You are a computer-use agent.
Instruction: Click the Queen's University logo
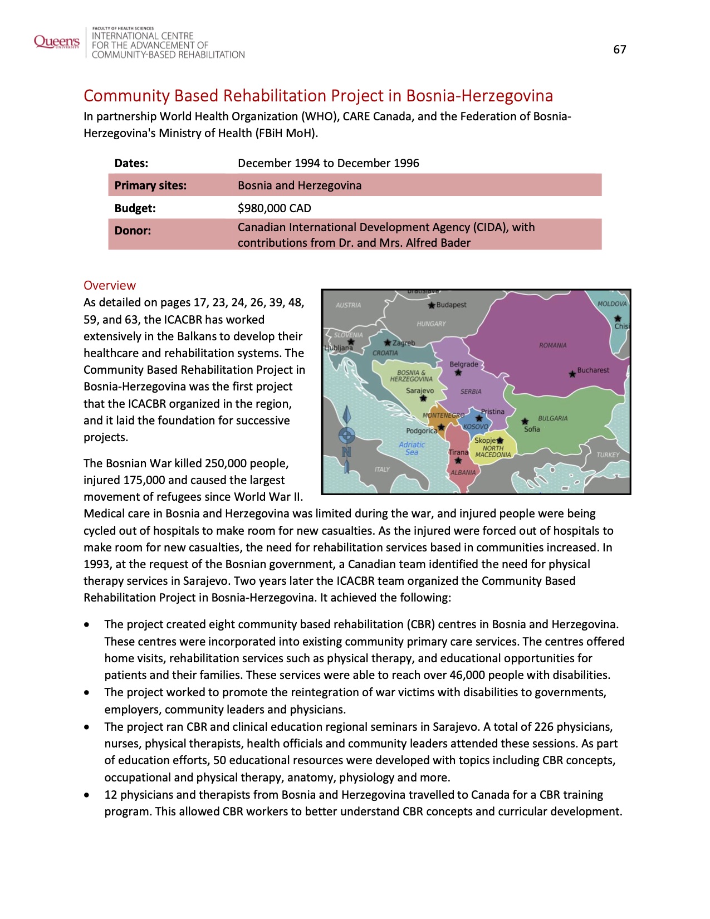coord(56,42)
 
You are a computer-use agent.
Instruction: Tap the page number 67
coord(620,50)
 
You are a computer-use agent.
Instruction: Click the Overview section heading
coord(110,285)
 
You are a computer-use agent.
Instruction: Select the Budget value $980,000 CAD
coord(274,208)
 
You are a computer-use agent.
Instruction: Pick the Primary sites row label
coord(150,185)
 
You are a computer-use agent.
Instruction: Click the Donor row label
coord(133,231)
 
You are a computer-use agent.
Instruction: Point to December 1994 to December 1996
coord(328,163)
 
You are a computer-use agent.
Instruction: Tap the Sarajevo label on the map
coord(419,390)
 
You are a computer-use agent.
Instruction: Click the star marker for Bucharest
coord(572,374)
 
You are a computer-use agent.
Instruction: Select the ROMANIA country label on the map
coord(552,345)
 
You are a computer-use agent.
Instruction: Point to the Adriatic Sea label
coord(412,448)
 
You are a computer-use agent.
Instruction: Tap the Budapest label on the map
coord(451,305)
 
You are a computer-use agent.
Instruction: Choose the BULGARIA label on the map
coord(552,418)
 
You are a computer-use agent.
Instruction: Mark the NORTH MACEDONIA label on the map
coord(493,451)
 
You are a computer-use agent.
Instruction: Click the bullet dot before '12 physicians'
coord(87,795)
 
